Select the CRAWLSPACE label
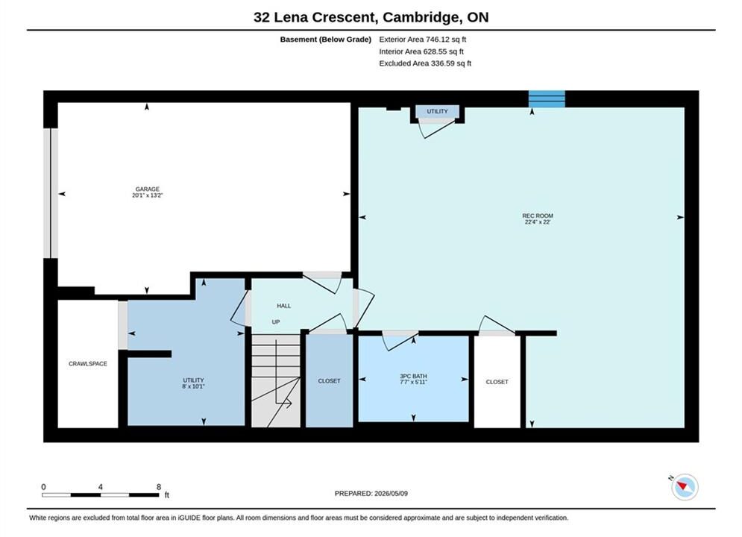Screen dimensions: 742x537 [x=87, y=364]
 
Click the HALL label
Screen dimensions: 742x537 [x=284, y=306]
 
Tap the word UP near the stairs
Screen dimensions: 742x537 [x=276, y=322]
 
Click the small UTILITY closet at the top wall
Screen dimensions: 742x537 [x=437, y=112]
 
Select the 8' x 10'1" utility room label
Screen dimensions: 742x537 [x=194, y=383]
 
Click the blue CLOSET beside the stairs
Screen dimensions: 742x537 [x=329, y=381]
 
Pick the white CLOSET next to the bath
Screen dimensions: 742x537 [x=497, y=382]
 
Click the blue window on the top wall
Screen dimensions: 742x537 [x=547, y=99]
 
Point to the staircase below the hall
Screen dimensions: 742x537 [x=275, y=381]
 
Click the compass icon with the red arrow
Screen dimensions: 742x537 [x=685, y=487]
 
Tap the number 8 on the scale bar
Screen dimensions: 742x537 [x=159, y=487]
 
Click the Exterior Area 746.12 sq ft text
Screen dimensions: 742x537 [x=423, y=40]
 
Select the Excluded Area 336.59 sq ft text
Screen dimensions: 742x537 [x=425, y=63]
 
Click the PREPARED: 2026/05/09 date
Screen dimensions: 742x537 [x=371, y=494]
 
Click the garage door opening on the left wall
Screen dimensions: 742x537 [x=51, y=193]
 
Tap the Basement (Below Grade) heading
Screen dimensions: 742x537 [x=326, y=40]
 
